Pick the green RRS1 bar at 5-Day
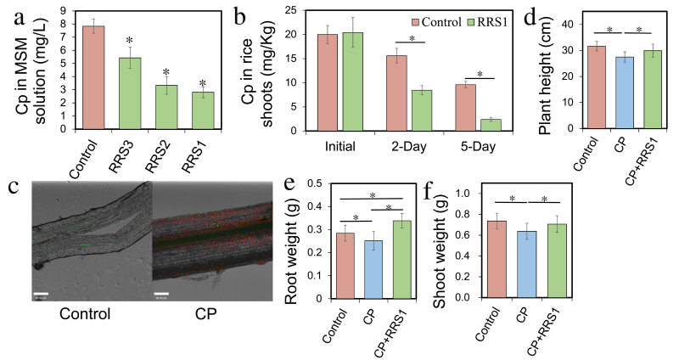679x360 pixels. pyautogui.click(x=490, y=125)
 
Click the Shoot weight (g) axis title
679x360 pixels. pyautogui.click(x=463, y=240)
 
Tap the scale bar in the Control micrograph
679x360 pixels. pyautogui.click(x=40, y=295)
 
